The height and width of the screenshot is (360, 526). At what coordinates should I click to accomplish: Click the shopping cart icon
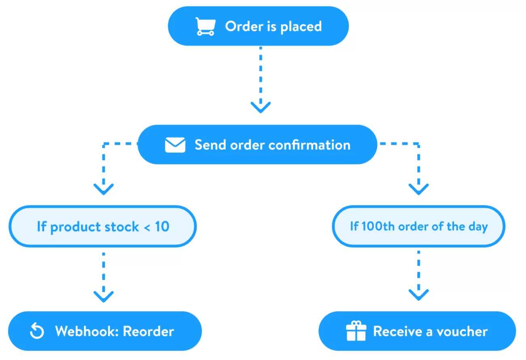pyautogui.click(x=205, y=27)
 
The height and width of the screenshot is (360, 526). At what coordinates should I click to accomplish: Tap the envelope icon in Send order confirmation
pyautogui.click(x=175, y=145)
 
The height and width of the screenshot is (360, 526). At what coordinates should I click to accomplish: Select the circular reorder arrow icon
pyautogui.click(x=37, y=331)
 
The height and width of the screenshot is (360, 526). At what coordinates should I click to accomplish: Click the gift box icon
pyautogui.click(x=356, y=331)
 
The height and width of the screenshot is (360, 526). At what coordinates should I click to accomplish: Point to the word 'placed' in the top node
pyautogui.click(x=301, y=27)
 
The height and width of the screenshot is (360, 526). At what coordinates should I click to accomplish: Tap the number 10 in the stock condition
pyautogui.click(x=162, y=227)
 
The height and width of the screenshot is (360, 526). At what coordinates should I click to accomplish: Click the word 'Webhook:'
pyautogui.click(x=87, y=331)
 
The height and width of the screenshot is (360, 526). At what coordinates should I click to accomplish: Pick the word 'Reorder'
pyautogui.click(x=148, y=331)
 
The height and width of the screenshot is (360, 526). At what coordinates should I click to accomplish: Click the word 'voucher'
pyautogui.click(x=462, y=331)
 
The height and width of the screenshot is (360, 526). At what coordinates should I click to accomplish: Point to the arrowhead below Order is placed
pyautogui.click(x=261, y=107)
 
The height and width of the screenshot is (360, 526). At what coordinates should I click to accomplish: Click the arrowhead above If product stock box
pyautogui.click(x=104, y=189)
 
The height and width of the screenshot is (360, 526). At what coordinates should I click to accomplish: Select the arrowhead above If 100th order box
pyautogui.click(x=418, y=189)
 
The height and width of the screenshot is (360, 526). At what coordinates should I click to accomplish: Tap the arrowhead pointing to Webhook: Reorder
pyautogui.click(x=104, y=296)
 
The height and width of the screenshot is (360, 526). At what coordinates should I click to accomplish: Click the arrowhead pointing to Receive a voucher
pyautogui.click(x=418, y=294)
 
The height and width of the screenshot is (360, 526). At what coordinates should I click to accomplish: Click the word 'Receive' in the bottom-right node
pyautogui.click(x=397, y=331)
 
